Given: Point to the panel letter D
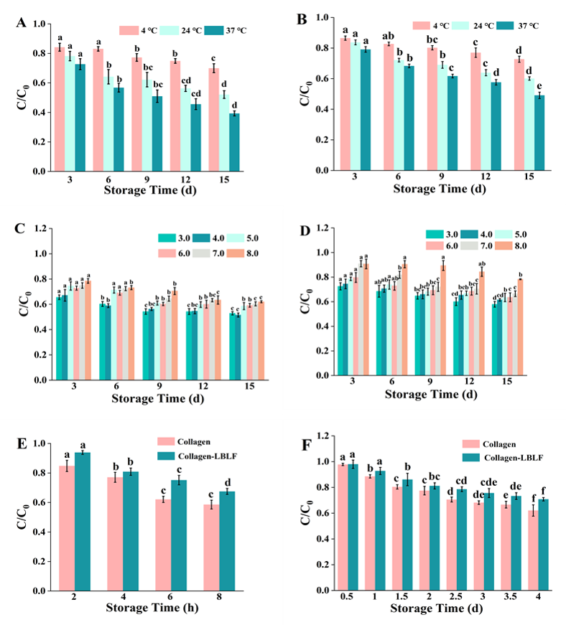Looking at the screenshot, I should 303,231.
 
